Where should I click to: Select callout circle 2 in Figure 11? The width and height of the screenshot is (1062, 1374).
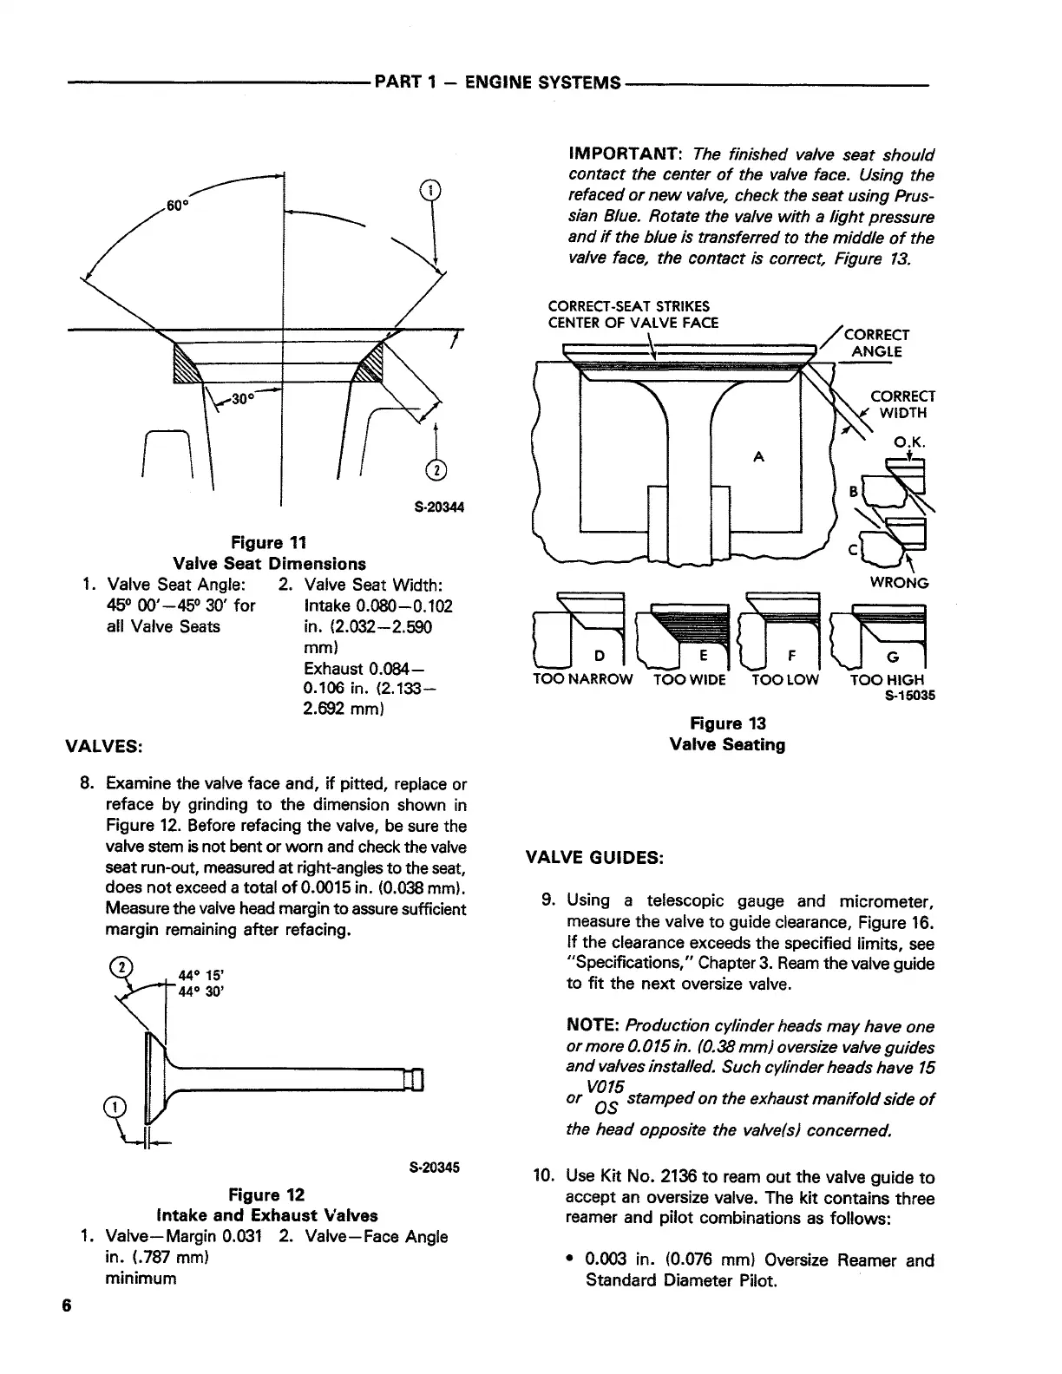436,469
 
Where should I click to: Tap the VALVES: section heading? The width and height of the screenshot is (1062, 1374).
105,746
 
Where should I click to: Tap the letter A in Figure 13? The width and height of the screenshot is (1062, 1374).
758,458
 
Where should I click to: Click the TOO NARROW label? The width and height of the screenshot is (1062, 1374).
582,680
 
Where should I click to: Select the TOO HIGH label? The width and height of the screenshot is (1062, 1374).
887,680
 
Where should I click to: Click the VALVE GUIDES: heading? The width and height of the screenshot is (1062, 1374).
595,858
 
